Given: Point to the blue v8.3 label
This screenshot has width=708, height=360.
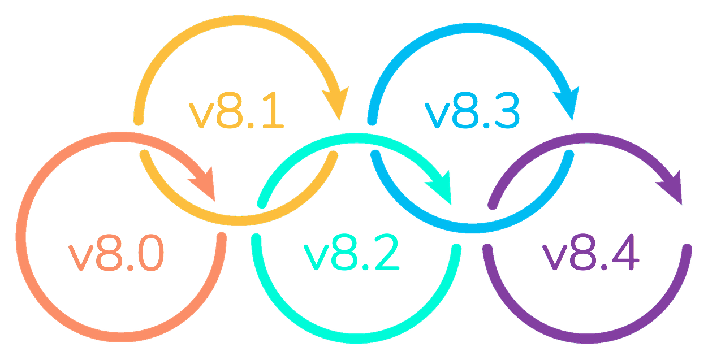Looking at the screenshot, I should [x=471, y=112].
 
